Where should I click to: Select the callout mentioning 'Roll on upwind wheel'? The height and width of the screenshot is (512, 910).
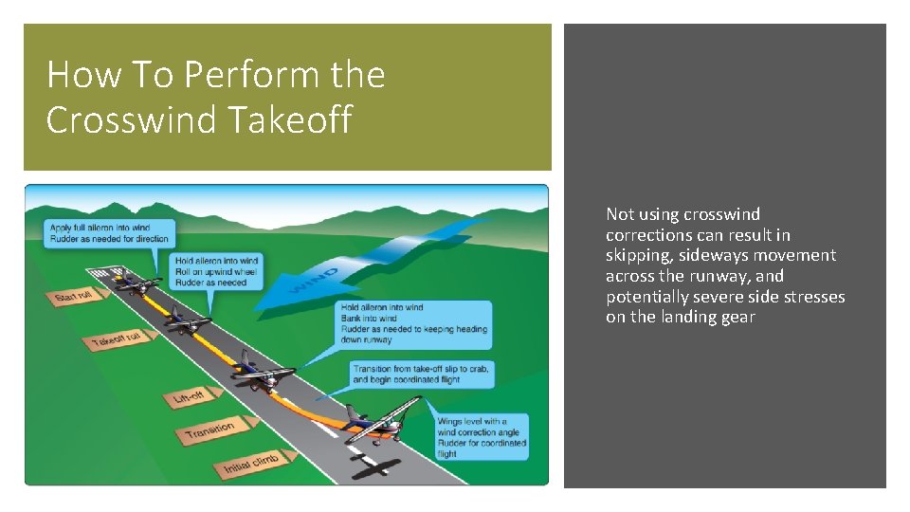(216, 271)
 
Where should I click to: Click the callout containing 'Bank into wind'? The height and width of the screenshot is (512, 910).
(415, 323)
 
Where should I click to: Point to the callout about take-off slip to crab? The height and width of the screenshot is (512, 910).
(420, 374)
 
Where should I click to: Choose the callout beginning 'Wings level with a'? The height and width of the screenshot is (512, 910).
(481, 437)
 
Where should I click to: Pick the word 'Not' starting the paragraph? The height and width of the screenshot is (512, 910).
(620, 214)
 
